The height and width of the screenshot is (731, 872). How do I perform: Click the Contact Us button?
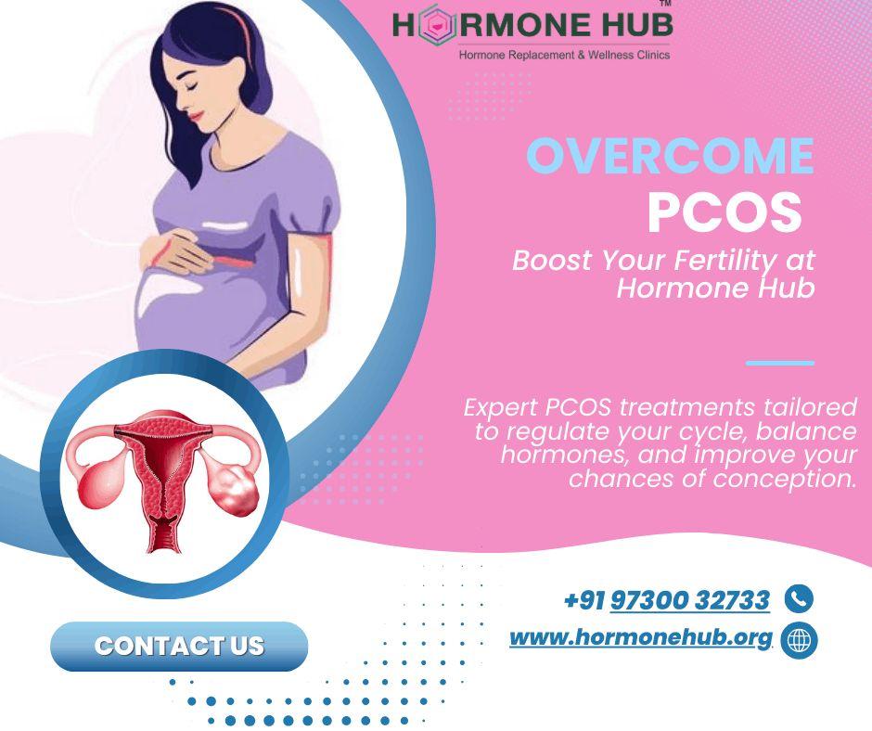178,646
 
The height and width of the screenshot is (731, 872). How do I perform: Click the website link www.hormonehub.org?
641,638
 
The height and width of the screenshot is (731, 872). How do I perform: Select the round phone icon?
799,599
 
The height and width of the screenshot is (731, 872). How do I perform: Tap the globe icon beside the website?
799,640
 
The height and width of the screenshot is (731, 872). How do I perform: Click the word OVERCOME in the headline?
670,157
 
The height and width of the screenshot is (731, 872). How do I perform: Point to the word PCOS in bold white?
724,212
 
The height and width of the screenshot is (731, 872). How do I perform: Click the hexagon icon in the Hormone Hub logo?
431,26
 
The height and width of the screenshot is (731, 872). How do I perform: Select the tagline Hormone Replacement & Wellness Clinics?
564,55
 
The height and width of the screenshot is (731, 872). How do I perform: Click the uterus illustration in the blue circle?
162,478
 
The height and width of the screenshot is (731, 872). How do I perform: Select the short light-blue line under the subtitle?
779,363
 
